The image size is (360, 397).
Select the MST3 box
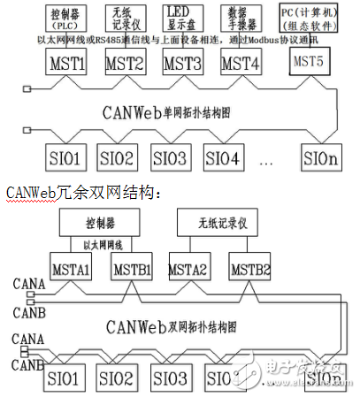(184, 64)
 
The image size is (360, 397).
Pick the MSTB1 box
(130, 269)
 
